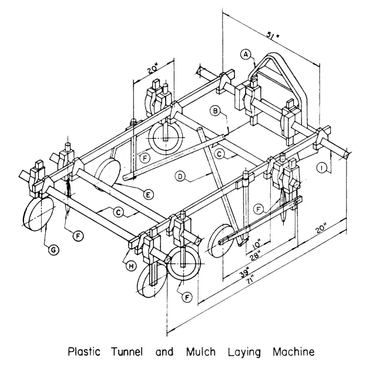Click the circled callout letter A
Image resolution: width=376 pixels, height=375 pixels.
246,55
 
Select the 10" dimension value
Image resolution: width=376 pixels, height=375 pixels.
260,241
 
